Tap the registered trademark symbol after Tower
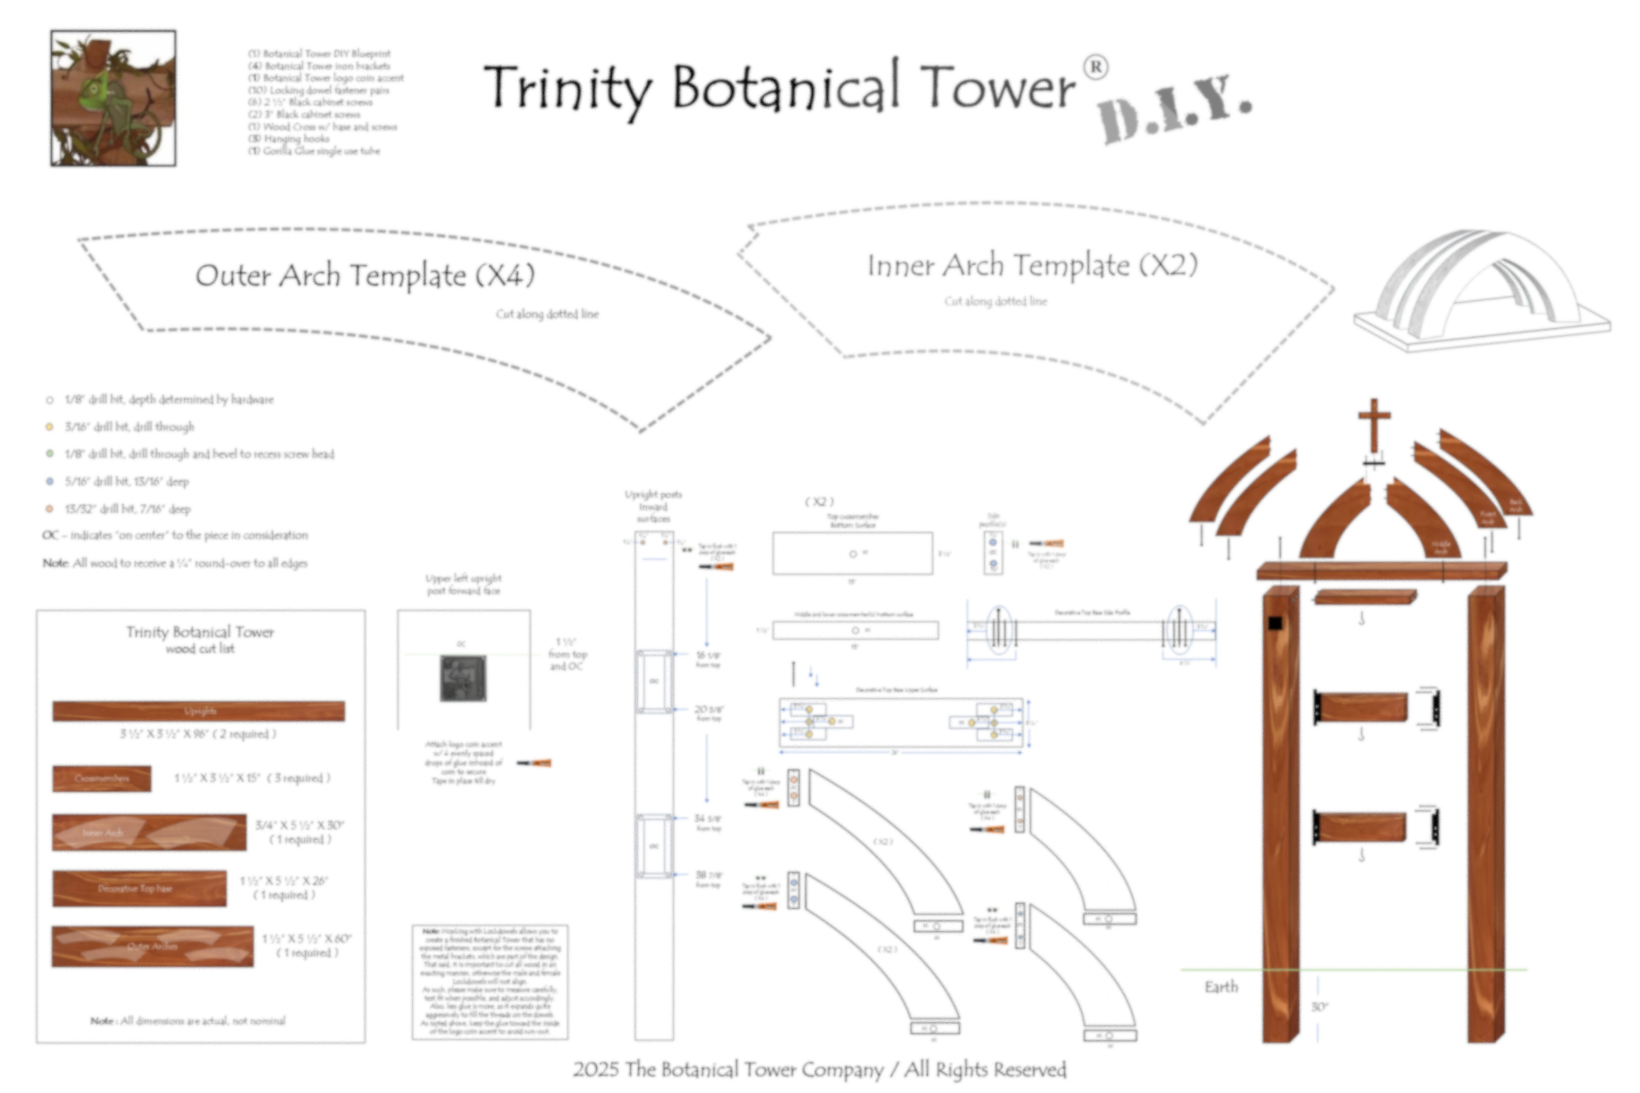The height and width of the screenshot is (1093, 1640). click(x=1095, y=68)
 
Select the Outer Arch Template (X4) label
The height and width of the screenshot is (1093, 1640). click(x=364, y=275)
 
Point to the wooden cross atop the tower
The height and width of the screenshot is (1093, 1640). click(x=1374, y=426)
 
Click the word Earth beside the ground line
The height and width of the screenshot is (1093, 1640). click(x=1221, y=987)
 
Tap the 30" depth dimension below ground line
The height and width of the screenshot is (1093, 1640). click(x=1319, y=1007)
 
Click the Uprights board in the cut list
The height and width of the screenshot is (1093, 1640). click(x=199, y=711)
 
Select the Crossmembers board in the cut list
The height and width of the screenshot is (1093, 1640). click(x=102, y=778)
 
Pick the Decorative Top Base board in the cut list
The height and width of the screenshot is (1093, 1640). click(x=140, y=889)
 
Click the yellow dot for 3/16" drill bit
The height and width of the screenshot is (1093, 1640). click(x=49, y=426)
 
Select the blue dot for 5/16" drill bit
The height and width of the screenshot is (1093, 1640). click(x=49, y=481)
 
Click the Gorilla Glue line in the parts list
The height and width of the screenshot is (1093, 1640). click(x=315, y=150)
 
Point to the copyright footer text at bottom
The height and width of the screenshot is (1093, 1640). click(x=820, y=1069)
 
